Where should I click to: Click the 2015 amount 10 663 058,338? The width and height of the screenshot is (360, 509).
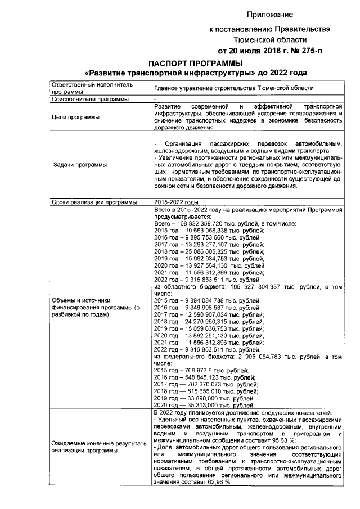coord(210,231)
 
